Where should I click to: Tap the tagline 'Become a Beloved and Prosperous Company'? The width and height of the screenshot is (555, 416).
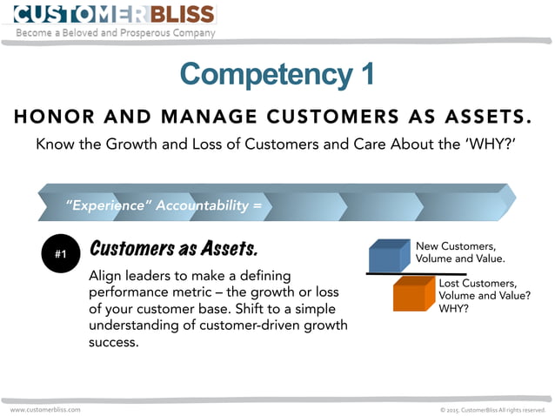coord(116,33)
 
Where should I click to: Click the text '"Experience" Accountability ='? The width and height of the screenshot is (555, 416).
coord(164,206)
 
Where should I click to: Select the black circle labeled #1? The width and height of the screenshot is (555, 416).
coord(61,254)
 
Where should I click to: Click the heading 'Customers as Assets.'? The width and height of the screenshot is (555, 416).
coord(174,249)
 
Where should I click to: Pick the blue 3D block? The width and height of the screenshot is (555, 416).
coord(389,256)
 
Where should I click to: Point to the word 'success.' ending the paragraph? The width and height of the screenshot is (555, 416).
coord(113,342)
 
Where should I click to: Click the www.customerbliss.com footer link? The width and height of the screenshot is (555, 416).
coord(45,409)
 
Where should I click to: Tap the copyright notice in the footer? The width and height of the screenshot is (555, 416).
coord(492,409)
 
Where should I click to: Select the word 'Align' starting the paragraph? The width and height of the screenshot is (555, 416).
coord(107,276)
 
